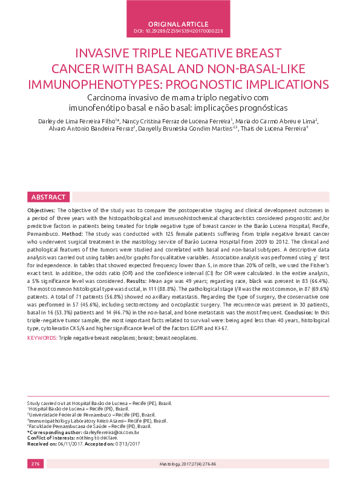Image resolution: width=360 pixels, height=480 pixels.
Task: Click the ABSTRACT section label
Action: [49, 197]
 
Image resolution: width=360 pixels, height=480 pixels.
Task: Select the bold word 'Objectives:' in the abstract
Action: [42, 210]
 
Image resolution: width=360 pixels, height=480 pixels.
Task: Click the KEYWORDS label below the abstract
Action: [42, 337]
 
